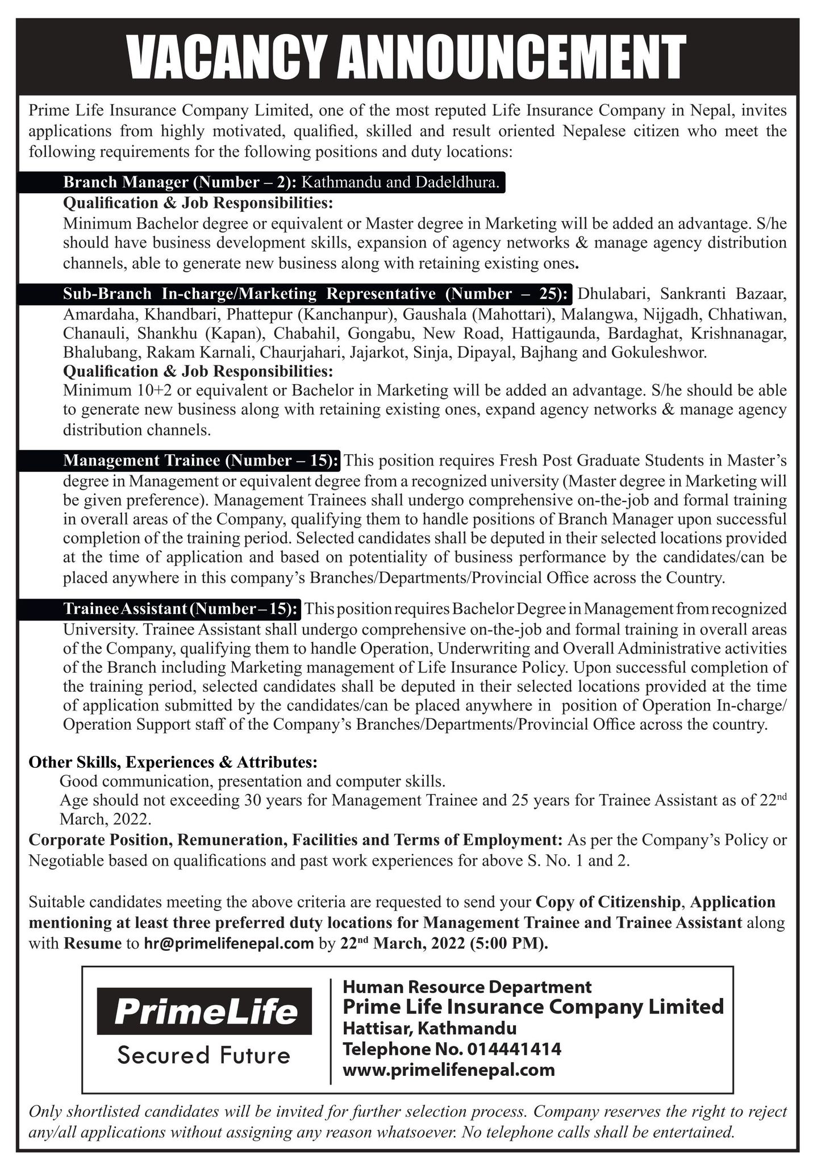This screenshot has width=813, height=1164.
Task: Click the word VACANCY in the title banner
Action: pos(227,57)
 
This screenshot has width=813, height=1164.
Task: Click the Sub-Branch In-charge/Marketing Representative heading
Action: pos(315,294)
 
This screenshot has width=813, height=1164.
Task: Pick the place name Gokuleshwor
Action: pos(658,352)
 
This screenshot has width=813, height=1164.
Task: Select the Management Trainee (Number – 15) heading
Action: pos(201,460)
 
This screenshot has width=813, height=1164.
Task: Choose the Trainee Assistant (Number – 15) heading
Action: pos(181,609)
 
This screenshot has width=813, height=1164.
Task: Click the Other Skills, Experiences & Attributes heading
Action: pos(173,762)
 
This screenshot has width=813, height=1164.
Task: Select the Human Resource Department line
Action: pos(467,987)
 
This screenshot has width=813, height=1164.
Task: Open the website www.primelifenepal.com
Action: pos(449,1070)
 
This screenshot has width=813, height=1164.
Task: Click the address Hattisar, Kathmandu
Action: pos(430,1028)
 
